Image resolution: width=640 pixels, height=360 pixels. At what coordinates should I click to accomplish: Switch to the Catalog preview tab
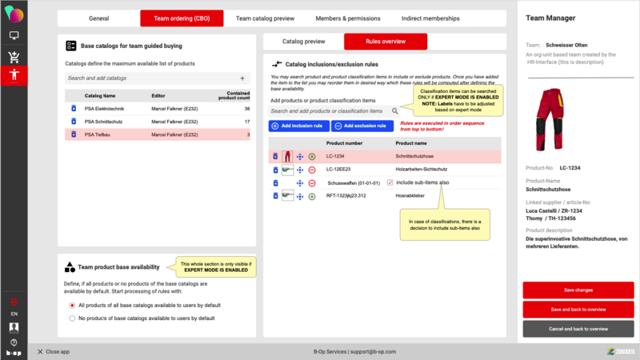pyautogui.click(x=304, y=42)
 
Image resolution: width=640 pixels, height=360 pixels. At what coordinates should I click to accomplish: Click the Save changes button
pyautogui.click(x=578, y=290)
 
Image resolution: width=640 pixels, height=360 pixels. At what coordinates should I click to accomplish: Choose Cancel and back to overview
pyautogui.click(x=578, y=329)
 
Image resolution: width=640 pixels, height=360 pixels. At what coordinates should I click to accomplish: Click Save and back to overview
pyautogui.click(x=578, y=309)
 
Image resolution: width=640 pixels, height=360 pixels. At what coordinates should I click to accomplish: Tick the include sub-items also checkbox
pyautogui.click(x=390, y=182)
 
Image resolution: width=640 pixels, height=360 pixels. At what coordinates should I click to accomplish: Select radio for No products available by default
pyautogui.click(x=72, y=318)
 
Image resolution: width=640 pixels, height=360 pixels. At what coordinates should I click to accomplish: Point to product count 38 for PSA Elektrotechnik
pyautogui.click(x=247, y=108)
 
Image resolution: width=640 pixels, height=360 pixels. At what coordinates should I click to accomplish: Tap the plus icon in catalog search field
pyautogui.click(x=242, y=78)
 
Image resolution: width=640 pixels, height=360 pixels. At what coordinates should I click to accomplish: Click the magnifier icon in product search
pyautogui.click(x=394, y=111)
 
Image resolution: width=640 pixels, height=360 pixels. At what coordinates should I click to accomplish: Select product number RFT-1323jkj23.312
pyautogui.click(x=345, y=195)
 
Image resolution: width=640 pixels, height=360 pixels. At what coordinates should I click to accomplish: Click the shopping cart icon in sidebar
pyautogui.click(x=14, y=56)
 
